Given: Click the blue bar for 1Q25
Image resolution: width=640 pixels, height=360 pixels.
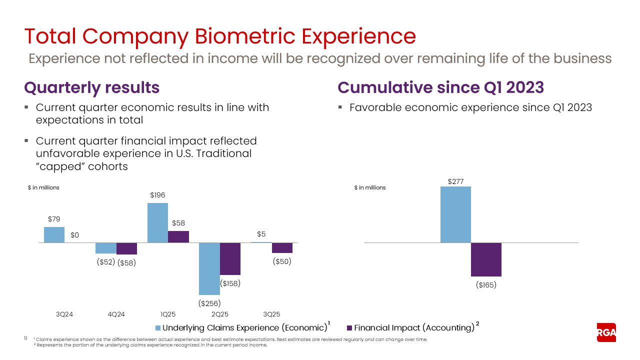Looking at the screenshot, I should click(157, 223).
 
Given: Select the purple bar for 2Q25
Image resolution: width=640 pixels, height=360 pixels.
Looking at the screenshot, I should click(230, 259).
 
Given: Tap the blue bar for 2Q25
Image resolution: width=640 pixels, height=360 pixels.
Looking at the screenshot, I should click(209, 268).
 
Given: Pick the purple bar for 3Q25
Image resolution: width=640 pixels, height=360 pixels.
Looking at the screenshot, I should click(282, 248).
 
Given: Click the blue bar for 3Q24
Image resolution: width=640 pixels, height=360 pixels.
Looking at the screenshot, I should click(54, 235).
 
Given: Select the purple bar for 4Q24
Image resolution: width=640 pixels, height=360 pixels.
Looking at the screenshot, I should click(126, 248).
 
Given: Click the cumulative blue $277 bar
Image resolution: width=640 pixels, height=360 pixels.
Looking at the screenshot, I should click(455, 214).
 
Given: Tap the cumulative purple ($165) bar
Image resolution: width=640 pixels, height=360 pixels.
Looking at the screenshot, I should click(486, 259).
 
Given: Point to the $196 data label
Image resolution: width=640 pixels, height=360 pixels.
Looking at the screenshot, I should click(157, 195).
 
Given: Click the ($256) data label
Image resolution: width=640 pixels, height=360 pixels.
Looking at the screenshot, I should click(209, 303).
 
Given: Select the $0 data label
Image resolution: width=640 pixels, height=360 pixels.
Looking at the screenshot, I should click(75, 235).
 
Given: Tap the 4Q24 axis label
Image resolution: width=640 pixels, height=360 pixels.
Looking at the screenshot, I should click(116, 314).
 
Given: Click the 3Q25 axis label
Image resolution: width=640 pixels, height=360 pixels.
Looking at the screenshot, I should click(271, 314).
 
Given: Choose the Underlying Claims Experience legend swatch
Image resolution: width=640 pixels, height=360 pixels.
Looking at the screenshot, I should click(158, 328).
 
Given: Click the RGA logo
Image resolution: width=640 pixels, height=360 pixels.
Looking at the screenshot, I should click(606, 332).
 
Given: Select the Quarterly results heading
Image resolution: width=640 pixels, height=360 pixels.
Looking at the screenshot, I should click(92, 87).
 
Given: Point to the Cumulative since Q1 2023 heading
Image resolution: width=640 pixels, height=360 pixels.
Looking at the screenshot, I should click(440, 87).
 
